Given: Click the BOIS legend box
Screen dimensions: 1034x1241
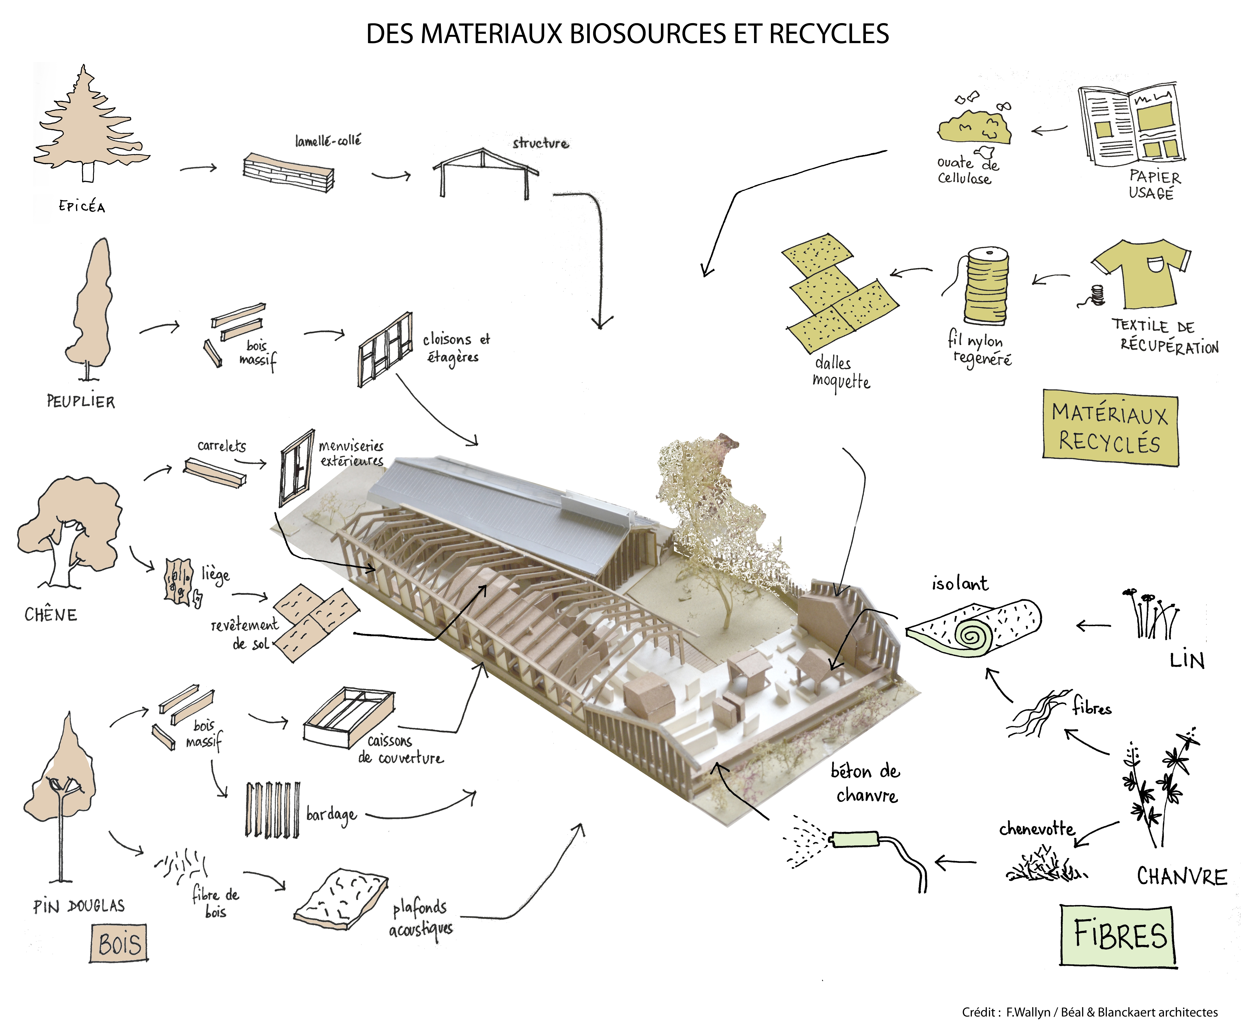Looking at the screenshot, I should coord(119,944).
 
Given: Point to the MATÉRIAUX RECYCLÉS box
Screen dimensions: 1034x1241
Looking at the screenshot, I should coord(1110,428).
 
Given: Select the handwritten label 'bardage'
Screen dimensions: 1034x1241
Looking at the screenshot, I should coord(331,815).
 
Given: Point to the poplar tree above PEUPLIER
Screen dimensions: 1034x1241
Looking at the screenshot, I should coord(92,307).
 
